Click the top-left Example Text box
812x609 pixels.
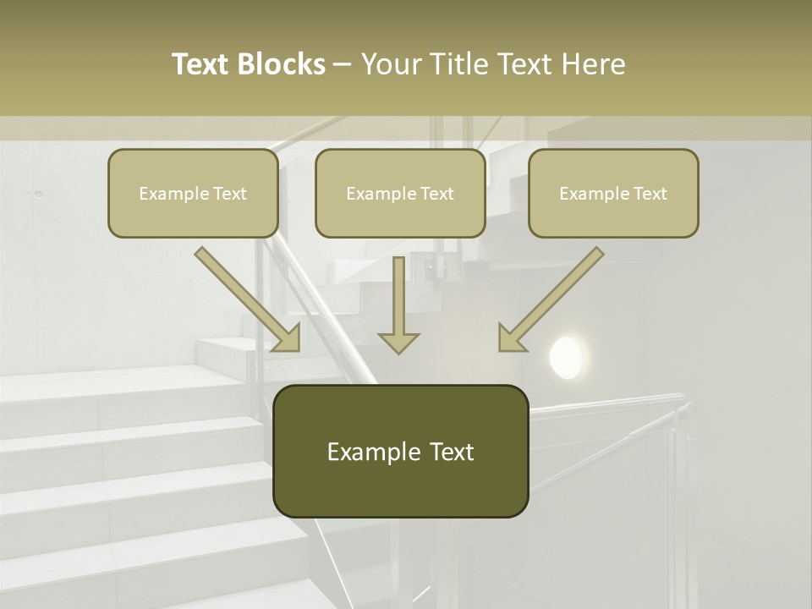[193, 193]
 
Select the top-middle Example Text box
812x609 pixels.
[400, 193]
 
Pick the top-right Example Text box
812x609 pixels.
[613, 193]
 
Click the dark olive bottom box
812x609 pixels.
[400, 451]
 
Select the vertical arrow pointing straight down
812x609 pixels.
[398, 304]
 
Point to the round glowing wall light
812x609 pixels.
[566, 357]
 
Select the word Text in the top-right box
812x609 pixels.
[650, 194]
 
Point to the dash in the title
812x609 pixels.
[343, 65]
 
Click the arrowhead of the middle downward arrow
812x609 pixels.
[398, 341]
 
